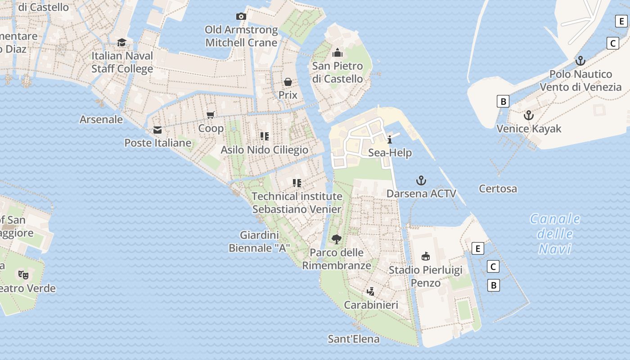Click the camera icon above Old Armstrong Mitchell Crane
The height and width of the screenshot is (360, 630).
coord(241,17)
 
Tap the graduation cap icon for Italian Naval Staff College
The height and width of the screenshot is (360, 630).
coord(121,42)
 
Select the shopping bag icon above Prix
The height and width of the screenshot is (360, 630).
coord(288,82)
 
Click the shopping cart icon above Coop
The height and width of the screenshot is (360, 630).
coord(211,115)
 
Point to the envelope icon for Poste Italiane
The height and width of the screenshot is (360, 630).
coord(157,130)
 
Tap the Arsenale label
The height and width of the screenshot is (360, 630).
coord(101,119)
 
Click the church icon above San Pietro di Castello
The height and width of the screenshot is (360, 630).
coord(337,53)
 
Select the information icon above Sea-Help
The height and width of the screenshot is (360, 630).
coord(390,139)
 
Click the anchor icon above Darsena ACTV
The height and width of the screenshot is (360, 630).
coord(421,180)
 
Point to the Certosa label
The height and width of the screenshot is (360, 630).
coord(498,189)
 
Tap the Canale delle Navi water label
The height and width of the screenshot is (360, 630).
coord(555,234)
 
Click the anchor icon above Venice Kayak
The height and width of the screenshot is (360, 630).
coord(529,115)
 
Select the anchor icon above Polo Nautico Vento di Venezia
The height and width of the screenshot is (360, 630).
coord(580,61)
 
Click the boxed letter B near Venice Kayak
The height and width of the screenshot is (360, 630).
coord(503,101)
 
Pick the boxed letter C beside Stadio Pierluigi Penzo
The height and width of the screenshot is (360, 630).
coord(493,267)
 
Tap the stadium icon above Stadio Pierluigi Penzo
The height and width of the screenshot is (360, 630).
coord(425,256)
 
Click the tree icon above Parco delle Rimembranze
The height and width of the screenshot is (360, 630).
coord(336,239)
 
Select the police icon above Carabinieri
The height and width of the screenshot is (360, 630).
coord(371,292)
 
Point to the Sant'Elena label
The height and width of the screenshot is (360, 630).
coord(354,339)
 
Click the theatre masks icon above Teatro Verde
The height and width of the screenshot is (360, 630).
coord(23,274)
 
